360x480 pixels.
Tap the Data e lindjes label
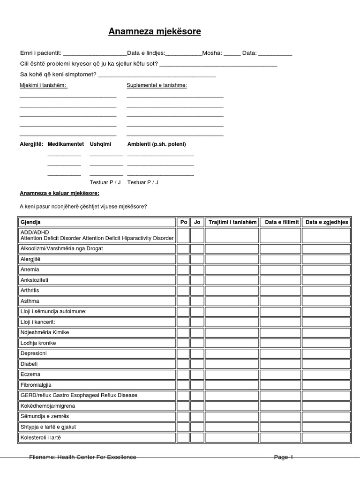click(x=146, y=53)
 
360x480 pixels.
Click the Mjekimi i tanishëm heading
click(x=43, y=85)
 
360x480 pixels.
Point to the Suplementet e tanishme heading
click(x=157, y=85)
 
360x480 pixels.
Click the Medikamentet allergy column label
click(x=66, y=144)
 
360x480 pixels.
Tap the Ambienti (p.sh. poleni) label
click(x=157, y=144)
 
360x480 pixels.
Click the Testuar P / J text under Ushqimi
click(x=105, y=182)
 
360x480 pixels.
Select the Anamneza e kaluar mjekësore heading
click(x=59, y=193)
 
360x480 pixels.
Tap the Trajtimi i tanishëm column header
click(x=232, y=222)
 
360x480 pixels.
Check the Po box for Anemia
click(x=183, y=270)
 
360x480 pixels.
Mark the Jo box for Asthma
click(x=197, y=301)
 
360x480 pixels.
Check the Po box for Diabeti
click(x=183, y=364)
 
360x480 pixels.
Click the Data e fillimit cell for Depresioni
click(x=280, y=353)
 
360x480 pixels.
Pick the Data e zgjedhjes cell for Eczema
click(x=326, y=375)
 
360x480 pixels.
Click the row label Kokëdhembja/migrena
click(x=47, y=405)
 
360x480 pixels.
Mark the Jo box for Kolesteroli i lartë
click(x=197, y=437)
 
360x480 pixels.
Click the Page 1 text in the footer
click(x=284, y=457)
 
